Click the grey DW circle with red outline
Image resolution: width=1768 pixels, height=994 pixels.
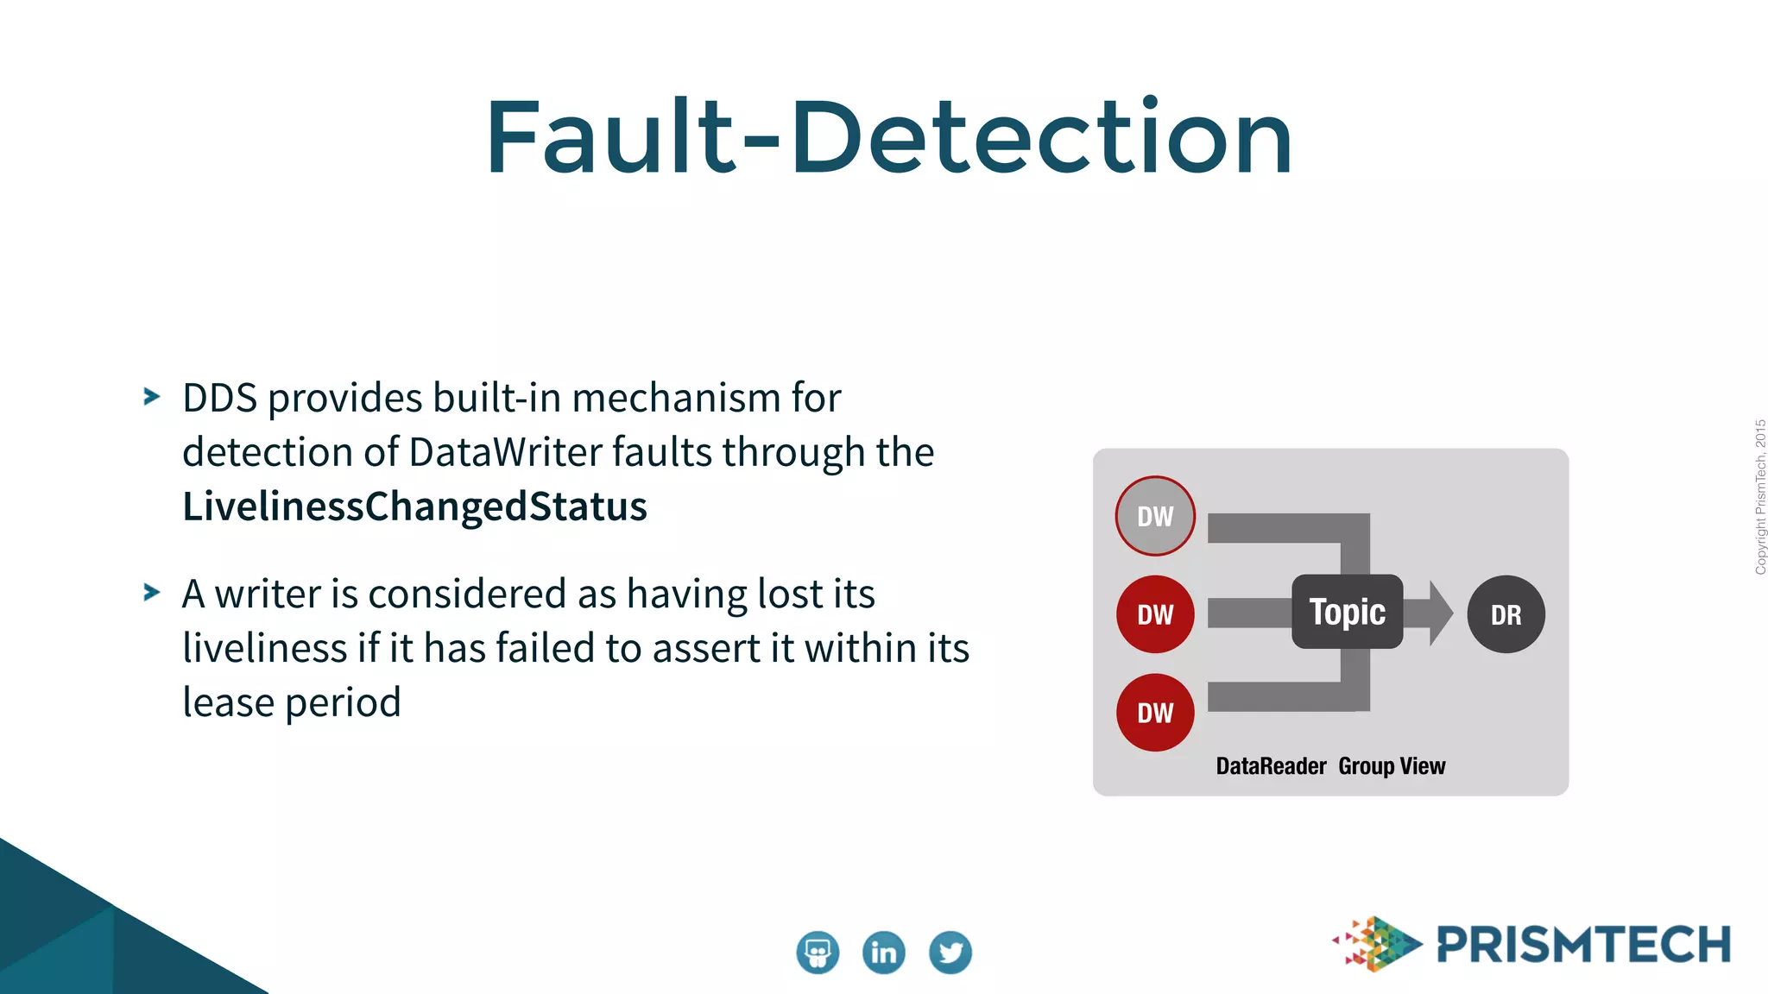point(1155,516)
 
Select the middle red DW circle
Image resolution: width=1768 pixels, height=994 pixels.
point(1155,614)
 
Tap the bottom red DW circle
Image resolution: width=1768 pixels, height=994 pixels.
point(1155,713)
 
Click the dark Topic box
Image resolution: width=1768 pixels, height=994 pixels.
point(1347,612)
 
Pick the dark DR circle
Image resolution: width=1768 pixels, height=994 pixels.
point(1506,614)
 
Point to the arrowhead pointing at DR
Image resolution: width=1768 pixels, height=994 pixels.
point(1440,613)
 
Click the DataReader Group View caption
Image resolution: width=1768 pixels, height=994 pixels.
point(1330,766)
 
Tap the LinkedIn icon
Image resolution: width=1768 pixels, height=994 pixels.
point(883,953)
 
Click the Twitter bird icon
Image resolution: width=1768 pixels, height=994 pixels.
point(950,953)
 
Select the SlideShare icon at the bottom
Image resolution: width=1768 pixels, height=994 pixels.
point(817,953)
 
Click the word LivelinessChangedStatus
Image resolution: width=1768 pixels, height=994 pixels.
point(414,506)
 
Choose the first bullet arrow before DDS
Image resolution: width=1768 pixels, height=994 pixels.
point(152,397)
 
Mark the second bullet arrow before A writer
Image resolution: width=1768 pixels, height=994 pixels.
point(152,593)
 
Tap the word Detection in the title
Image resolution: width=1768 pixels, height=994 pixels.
point(1041,138)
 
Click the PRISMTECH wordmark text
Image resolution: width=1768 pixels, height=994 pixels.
point(1583,945)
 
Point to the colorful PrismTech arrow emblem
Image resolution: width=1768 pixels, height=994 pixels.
point(1378,944)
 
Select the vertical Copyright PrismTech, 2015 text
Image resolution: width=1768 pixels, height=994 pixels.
point(1760,497)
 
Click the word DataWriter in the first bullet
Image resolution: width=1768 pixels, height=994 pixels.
point(505,452)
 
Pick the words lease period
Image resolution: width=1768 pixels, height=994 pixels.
point(292,702)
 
